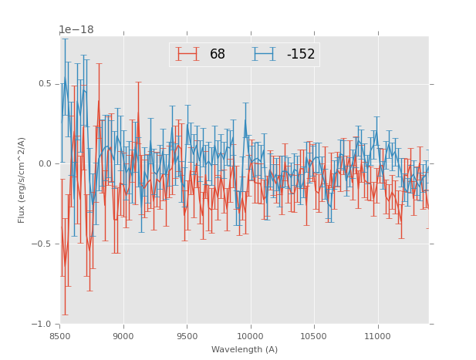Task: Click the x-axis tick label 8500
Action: pyautogui.click(x=60, y=335)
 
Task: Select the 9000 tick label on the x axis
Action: pyautogui.click(x=123, y=335)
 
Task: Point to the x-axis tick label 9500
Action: pyautogui.click(x=187, y=335)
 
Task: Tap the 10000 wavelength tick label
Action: pyautogui.click(x=250, y=335)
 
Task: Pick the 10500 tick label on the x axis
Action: pyautogui.click(x=314, y=335)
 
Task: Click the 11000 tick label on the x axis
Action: pyautogui.click(x=377, y=335)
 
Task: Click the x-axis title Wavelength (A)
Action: pyautogui.click(x=245, y=349)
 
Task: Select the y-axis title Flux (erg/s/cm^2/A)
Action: pyautogui.click(x=22, y=180)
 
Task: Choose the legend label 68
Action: pyautogui.click(x=218, y=55)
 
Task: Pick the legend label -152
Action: pyautogui.click(x=301, y=55)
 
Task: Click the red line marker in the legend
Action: pyautogui.click(x=187, y=54)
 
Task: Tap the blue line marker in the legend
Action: pyautogui.click(x=265, y=54)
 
